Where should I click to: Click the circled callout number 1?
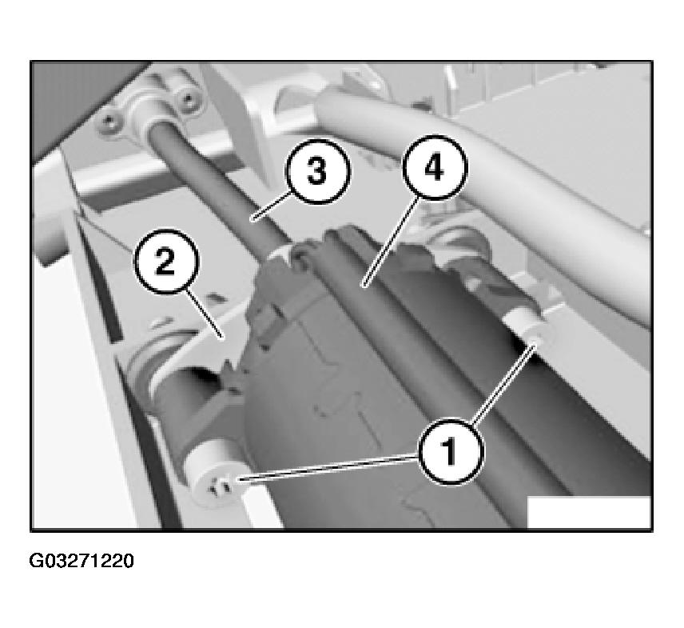click(451, 451)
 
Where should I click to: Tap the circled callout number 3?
click(317, 170)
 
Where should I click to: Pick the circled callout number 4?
click(435, 168)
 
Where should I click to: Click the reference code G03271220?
click(82, 561)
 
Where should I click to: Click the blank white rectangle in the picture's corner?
click(589, 512)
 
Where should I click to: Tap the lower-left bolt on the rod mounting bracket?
click(109, 123)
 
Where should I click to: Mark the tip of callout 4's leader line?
click(363, 286)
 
